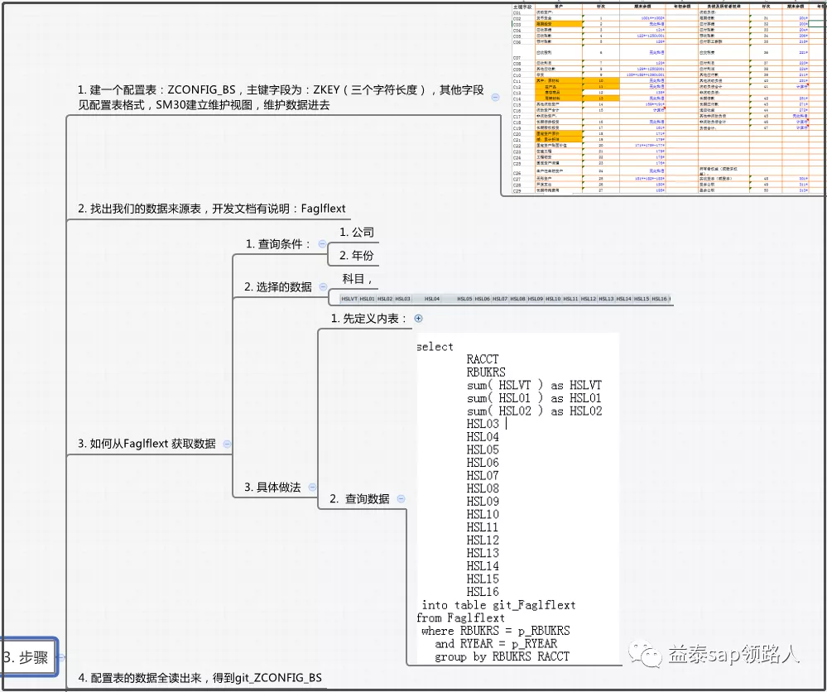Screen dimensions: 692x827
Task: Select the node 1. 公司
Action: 357,233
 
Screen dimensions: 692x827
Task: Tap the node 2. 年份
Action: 357,256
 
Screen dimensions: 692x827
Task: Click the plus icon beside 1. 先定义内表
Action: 418,318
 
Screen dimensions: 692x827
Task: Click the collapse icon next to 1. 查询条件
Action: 322,244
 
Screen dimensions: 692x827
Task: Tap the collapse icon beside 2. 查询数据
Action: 401,498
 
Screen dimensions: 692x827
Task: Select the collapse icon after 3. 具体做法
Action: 312,488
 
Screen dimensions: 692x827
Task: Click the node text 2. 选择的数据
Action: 277,286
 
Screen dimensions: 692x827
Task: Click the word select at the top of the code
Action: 435,346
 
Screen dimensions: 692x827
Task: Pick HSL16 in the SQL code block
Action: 483,592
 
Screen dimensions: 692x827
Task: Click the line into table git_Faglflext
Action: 498,605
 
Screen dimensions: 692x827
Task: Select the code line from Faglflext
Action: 460,618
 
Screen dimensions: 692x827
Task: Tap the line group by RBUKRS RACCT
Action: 502,656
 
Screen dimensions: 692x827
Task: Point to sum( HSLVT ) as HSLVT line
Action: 534,385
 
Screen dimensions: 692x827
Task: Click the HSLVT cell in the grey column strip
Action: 349,299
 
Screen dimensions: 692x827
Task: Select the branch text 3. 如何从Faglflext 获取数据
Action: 147,444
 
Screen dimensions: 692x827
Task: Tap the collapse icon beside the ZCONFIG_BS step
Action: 495,97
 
